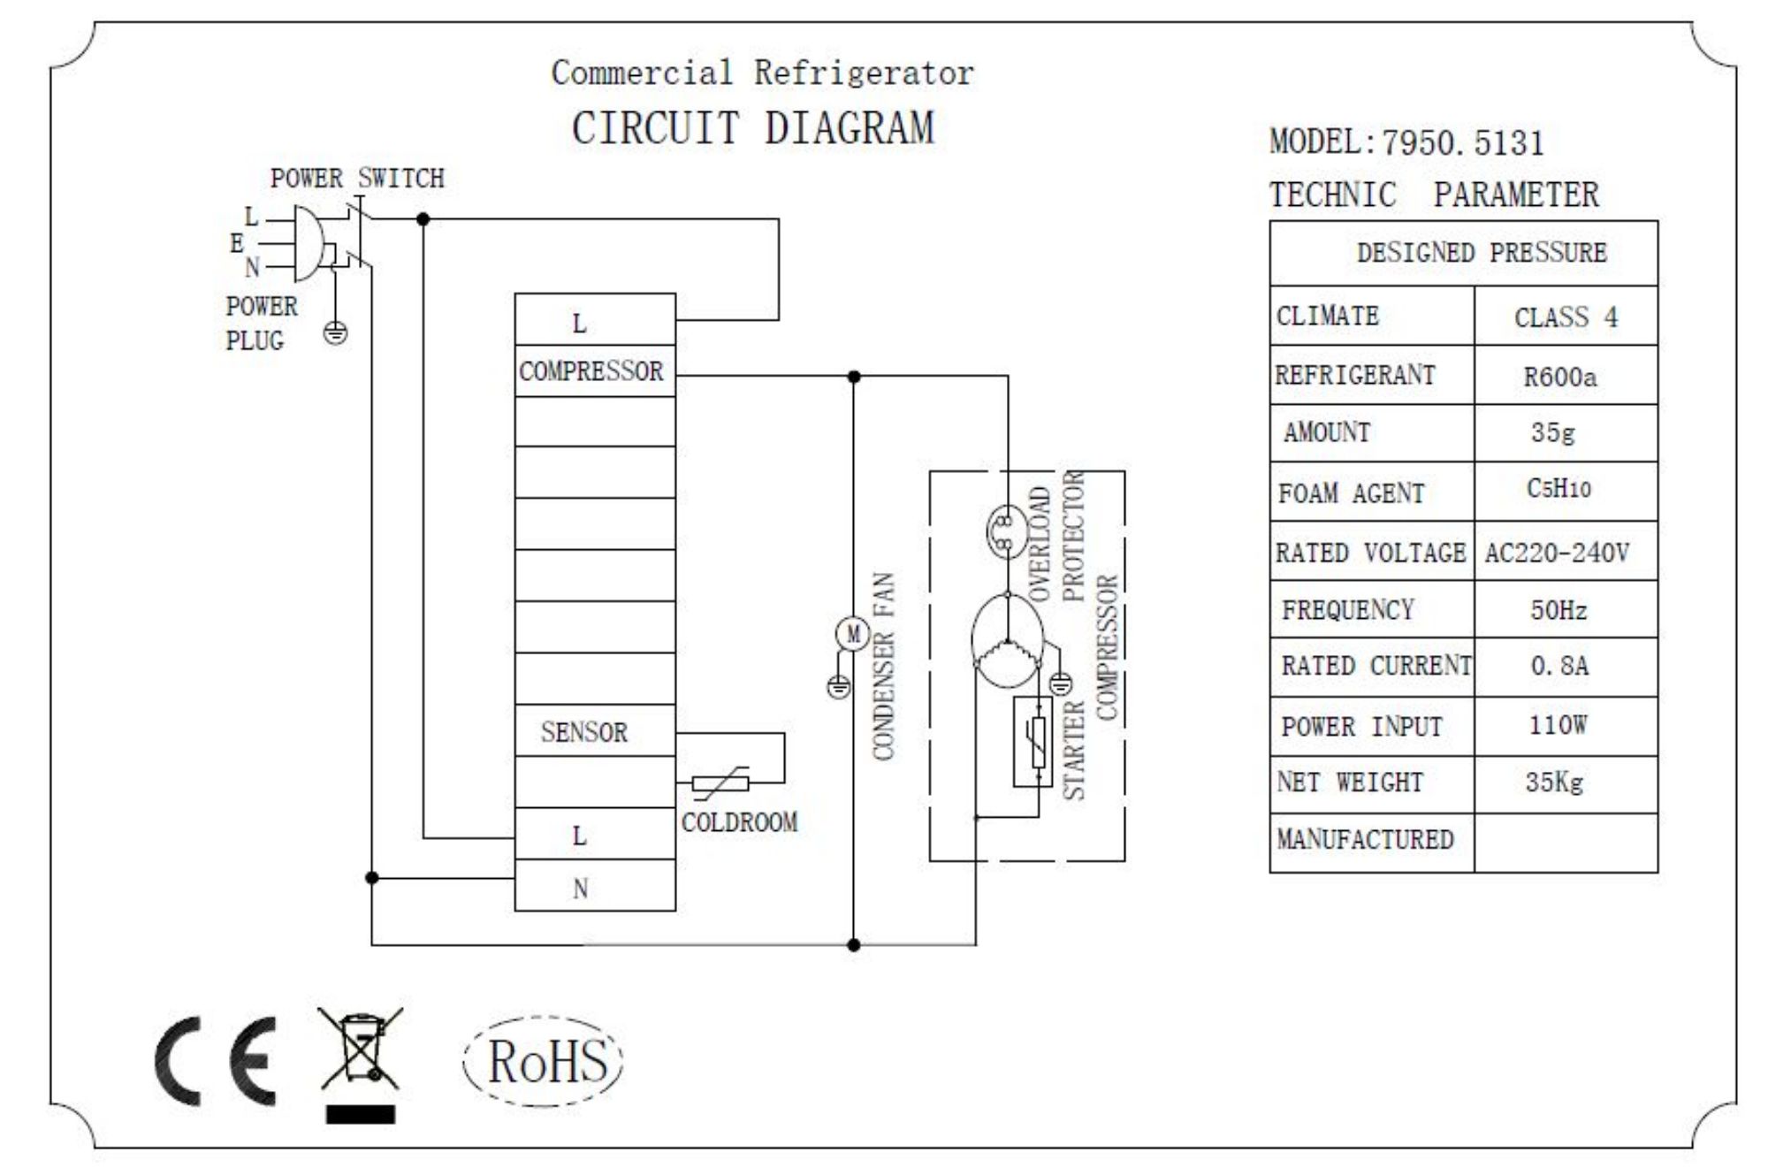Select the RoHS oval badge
(x=544, y=1060)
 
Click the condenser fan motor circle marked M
(x=853, y=634)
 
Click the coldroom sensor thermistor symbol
(x=720, y=782)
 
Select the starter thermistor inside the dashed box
(x=1033, y=741)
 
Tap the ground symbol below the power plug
(x=336, y=333)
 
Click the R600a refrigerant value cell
(x=1561, y=378)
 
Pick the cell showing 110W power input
(x=1559, y=726)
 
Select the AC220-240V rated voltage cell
(x=1558, y=553)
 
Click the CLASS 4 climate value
(x=1566, y=317)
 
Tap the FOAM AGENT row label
(x=1352, y=493)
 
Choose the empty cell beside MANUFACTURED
(x=1565, y=843)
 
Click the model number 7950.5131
(x=1462, y=143)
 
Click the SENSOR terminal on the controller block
(x=585, y=732)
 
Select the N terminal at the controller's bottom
(x=581, y=888)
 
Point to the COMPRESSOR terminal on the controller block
(x=591, y=371)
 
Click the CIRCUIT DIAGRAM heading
(x=752, y=128)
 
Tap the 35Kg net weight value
(x=1554, y=782)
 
